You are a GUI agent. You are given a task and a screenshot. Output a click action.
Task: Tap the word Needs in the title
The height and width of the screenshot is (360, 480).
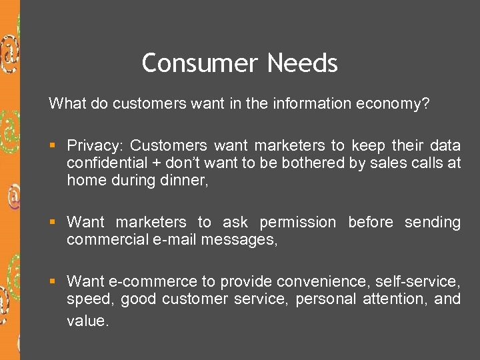303,63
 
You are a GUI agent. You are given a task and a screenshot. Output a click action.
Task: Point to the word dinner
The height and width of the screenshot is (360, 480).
188,180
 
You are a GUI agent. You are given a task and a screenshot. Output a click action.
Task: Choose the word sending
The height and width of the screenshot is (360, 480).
433,223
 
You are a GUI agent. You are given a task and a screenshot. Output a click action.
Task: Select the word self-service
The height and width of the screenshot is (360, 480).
418,282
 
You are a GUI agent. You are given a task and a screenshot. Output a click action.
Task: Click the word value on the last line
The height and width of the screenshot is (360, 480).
86,321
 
